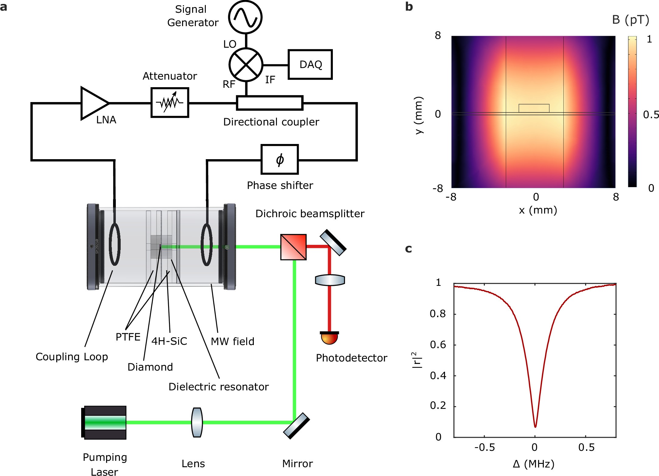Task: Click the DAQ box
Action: [x=310, y=64]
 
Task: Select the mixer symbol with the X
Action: [x=246, y=64]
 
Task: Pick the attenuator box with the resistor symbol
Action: [x=170, y=103]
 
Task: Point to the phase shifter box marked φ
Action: [x=280, y=159]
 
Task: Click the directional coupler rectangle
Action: [x=270, y=103]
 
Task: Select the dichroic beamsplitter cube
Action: [x=293, y=247]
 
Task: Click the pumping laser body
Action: [x=105, y=423]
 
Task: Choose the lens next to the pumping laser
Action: [x=197, y=423]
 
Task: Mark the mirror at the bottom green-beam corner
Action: [x=296, y=426]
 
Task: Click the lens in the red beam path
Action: [x=330, y=280]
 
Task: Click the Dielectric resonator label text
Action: [x=219, y=387]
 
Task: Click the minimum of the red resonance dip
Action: [x=535, y=427]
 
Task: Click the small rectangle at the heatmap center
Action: [x=534, y=108]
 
